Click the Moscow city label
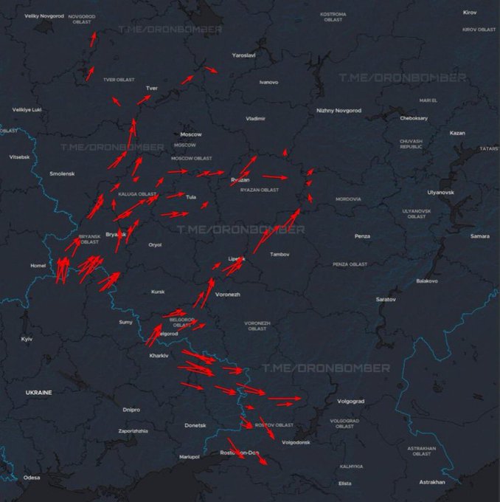[x=191, y=134]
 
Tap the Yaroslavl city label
[x=243, y=55]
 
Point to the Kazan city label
[x=457, y=133]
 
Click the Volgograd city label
[x=350, y=401]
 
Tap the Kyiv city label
[x=27, y=339]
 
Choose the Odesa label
[x=32, y=478]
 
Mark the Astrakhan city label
[x=431, y=482]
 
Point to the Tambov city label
[x=280, y=255]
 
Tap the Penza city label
[x=362, y=236]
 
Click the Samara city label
[x=480, y=236]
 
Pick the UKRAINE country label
[x=38, y=393]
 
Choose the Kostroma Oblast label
[x=333, y=17]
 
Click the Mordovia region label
[x=348, y=199]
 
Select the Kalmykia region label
[x=351, y=467]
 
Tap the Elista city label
[x=344, y=484]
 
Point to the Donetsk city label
[x=195, y=425]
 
